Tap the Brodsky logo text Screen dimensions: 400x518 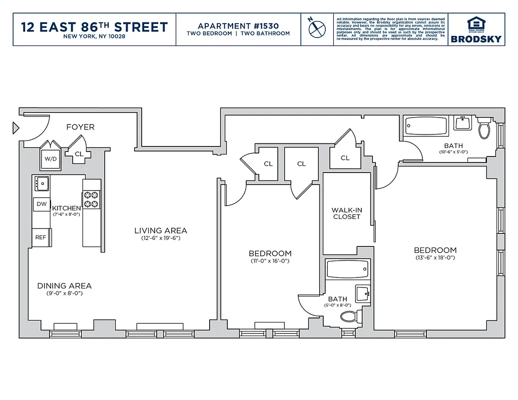coord(475,39)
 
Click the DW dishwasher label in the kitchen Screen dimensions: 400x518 coord(42,204)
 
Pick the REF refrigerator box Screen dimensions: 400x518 coord(41,237)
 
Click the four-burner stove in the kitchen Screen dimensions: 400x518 coord(92,200)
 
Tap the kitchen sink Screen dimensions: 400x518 coord(42,183)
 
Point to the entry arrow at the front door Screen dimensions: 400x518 coord(16,128)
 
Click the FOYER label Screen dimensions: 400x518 coord(80,127)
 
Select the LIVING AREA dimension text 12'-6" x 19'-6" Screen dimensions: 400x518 coord(160,238)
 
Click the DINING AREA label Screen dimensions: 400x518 coord(64,286)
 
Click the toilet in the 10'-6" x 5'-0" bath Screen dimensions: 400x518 coord(484,129)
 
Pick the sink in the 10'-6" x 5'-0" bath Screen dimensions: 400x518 coord(462,123)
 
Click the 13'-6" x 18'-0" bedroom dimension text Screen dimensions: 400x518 coord(435,258)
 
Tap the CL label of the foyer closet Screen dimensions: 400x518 coord(79,154)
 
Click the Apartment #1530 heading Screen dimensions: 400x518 coord(238,26)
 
